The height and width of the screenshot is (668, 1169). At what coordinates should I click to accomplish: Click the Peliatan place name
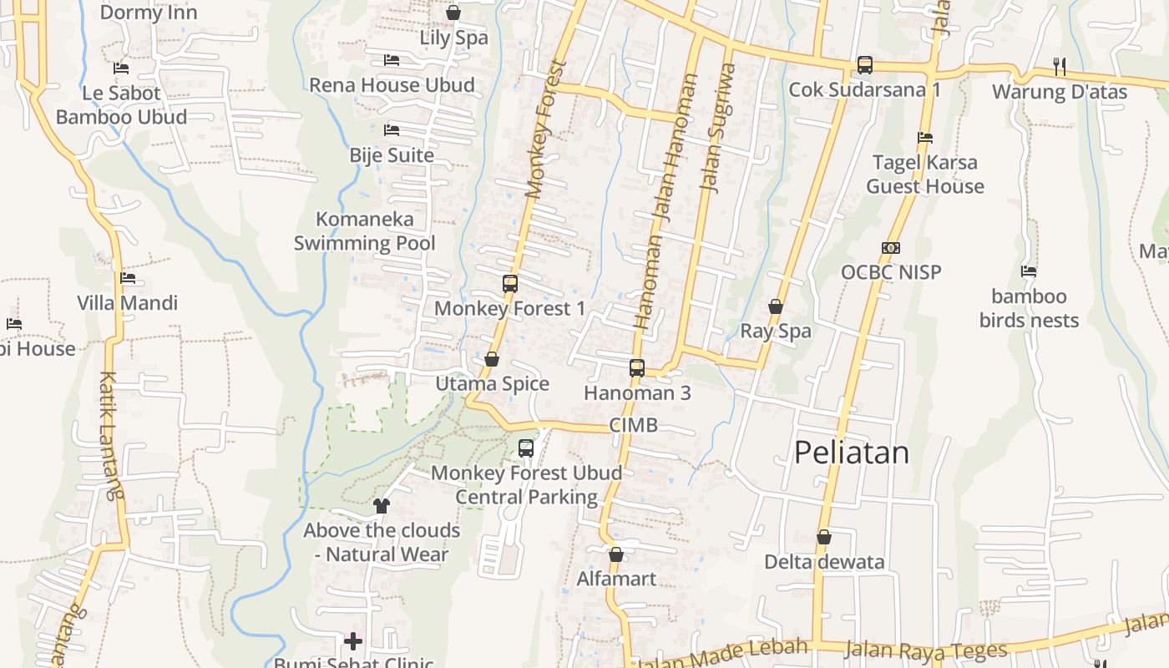pos(851,453)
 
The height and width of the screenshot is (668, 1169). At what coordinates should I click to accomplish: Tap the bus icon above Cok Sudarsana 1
pos(865,65)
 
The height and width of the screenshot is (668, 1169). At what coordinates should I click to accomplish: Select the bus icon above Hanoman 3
pos(637,368)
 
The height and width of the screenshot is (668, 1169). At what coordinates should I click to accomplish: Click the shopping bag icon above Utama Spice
pos(492,360)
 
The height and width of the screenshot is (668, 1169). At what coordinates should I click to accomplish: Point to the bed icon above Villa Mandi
pos(128,278)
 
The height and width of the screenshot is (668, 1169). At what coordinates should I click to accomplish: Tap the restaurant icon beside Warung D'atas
pos(1060,67)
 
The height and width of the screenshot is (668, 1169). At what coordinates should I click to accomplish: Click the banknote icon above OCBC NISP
pos(891,248)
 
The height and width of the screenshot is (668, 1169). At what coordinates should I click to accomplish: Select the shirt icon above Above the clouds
pos(382,505)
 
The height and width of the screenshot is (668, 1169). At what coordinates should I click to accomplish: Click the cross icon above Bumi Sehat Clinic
pos(353,641)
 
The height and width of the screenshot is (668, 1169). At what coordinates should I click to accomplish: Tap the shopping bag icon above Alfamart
pos(616,554)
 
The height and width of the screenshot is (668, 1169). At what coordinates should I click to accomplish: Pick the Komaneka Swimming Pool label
pos(365,231)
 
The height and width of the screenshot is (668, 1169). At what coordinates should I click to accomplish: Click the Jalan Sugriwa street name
pos(719,129)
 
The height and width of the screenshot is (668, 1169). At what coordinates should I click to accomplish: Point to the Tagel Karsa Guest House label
pos(925,175)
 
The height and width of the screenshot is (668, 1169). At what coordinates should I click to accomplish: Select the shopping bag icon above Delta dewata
pos(824,537)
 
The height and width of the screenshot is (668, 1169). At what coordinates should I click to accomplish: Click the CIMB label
pos(633,425)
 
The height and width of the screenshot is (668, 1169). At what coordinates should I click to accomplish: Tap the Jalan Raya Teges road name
pos(925,649)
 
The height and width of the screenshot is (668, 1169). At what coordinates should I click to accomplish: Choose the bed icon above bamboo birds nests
pos(1029,271)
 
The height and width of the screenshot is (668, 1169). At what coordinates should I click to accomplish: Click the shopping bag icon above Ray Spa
pos(776,307)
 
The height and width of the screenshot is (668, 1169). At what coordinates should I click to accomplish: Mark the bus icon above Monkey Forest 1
pos(510,284)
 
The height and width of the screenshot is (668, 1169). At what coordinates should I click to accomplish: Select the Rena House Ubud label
pos(392,85)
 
